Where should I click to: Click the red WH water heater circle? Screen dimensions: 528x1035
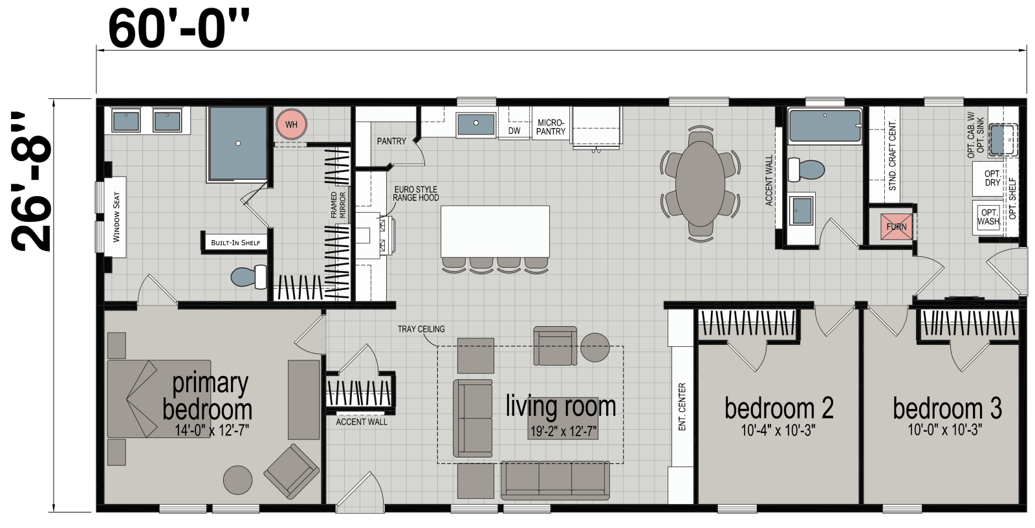[291, 124]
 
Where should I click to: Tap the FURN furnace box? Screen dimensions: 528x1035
[897, 226]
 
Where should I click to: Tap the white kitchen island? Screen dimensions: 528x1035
[495, 231]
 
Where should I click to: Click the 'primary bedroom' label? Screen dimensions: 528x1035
[208, 396]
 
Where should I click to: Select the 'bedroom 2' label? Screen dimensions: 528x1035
[779, 408]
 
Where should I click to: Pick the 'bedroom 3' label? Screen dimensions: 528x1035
[947, 408]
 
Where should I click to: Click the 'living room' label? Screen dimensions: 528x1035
[561, 406]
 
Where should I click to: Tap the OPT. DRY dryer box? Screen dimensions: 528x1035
[992, 179]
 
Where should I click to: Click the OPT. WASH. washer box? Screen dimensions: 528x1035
[988, 217]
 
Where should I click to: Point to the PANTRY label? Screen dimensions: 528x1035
[391, 141]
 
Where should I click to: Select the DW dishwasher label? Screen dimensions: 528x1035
[514, 131]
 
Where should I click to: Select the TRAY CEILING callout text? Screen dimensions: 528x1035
[421, 329]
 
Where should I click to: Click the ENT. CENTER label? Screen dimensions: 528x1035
[682, 407]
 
